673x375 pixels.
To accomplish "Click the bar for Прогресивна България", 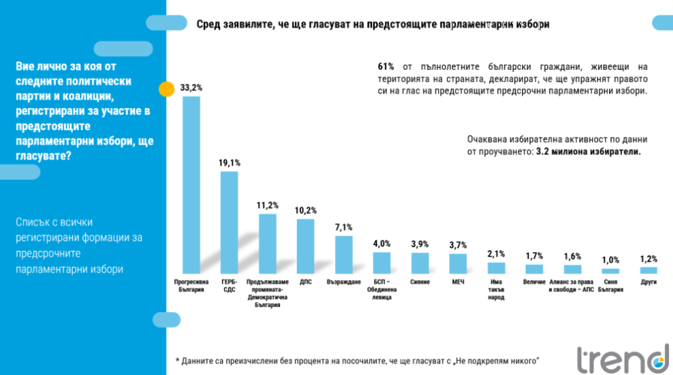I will (191, 184).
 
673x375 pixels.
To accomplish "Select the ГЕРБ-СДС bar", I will (230, 221).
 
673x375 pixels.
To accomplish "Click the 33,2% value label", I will (191, 88).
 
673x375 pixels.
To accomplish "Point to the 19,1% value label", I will (230, 163).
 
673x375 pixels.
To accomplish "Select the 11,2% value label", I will (268, 205).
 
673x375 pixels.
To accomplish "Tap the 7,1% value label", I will (344, 227).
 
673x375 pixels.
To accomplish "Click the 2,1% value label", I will (496, 253).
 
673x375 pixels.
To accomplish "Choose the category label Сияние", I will (420, 281).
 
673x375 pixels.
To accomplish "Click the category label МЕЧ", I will (458, 281).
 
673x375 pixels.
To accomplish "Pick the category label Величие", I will (534, 281).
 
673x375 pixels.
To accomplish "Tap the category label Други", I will (649, 281).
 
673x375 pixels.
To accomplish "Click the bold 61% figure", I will (386, 67).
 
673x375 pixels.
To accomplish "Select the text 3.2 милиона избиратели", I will (588, 152).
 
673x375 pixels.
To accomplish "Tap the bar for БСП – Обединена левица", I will (382, 262).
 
